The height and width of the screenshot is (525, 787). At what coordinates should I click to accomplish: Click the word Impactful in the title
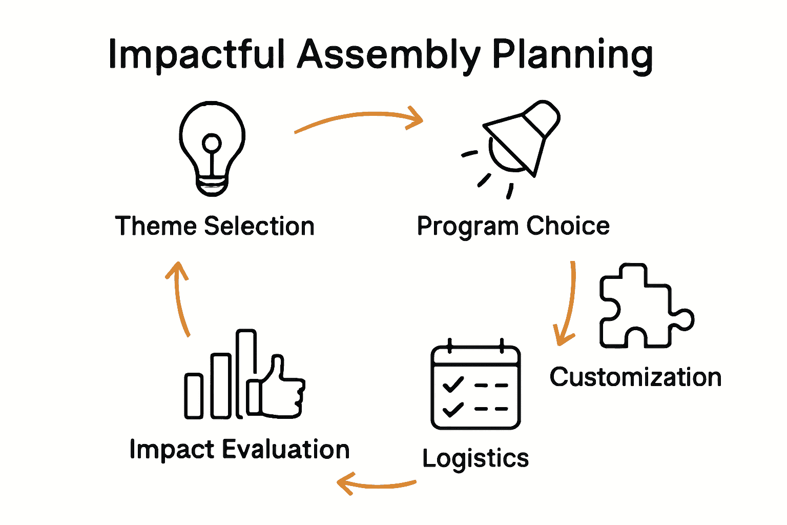click(196, 54)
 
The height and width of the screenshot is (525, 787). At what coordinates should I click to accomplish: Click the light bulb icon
click(212, 148)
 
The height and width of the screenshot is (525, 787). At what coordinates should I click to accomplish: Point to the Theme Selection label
click(215, 226)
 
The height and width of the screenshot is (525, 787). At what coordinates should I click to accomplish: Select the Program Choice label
click(513, 226)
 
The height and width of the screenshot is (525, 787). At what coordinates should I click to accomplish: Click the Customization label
click(635, 377)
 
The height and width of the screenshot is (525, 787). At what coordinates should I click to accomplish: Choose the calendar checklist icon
click(475, 387)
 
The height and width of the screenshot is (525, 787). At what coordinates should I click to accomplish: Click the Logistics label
click(475, 458)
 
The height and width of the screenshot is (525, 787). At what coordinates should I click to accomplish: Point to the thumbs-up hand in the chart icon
click(279, 390)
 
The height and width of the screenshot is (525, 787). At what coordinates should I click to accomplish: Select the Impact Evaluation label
click(239, 450)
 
